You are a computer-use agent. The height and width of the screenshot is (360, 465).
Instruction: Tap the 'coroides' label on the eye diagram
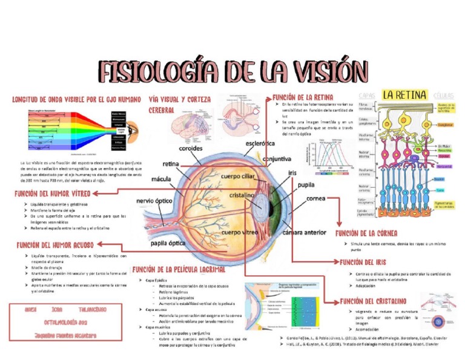coord(191,148)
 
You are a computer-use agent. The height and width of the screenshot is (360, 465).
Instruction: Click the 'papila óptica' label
coord(168,244)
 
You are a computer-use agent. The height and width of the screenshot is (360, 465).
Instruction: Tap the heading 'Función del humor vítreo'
coord(53,193)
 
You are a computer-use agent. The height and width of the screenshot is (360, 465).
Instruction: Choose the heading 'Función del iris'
coord(363,262)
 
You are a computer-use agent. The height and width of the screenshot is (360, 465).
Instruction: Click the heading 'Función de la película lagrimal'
coord(179,268)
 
